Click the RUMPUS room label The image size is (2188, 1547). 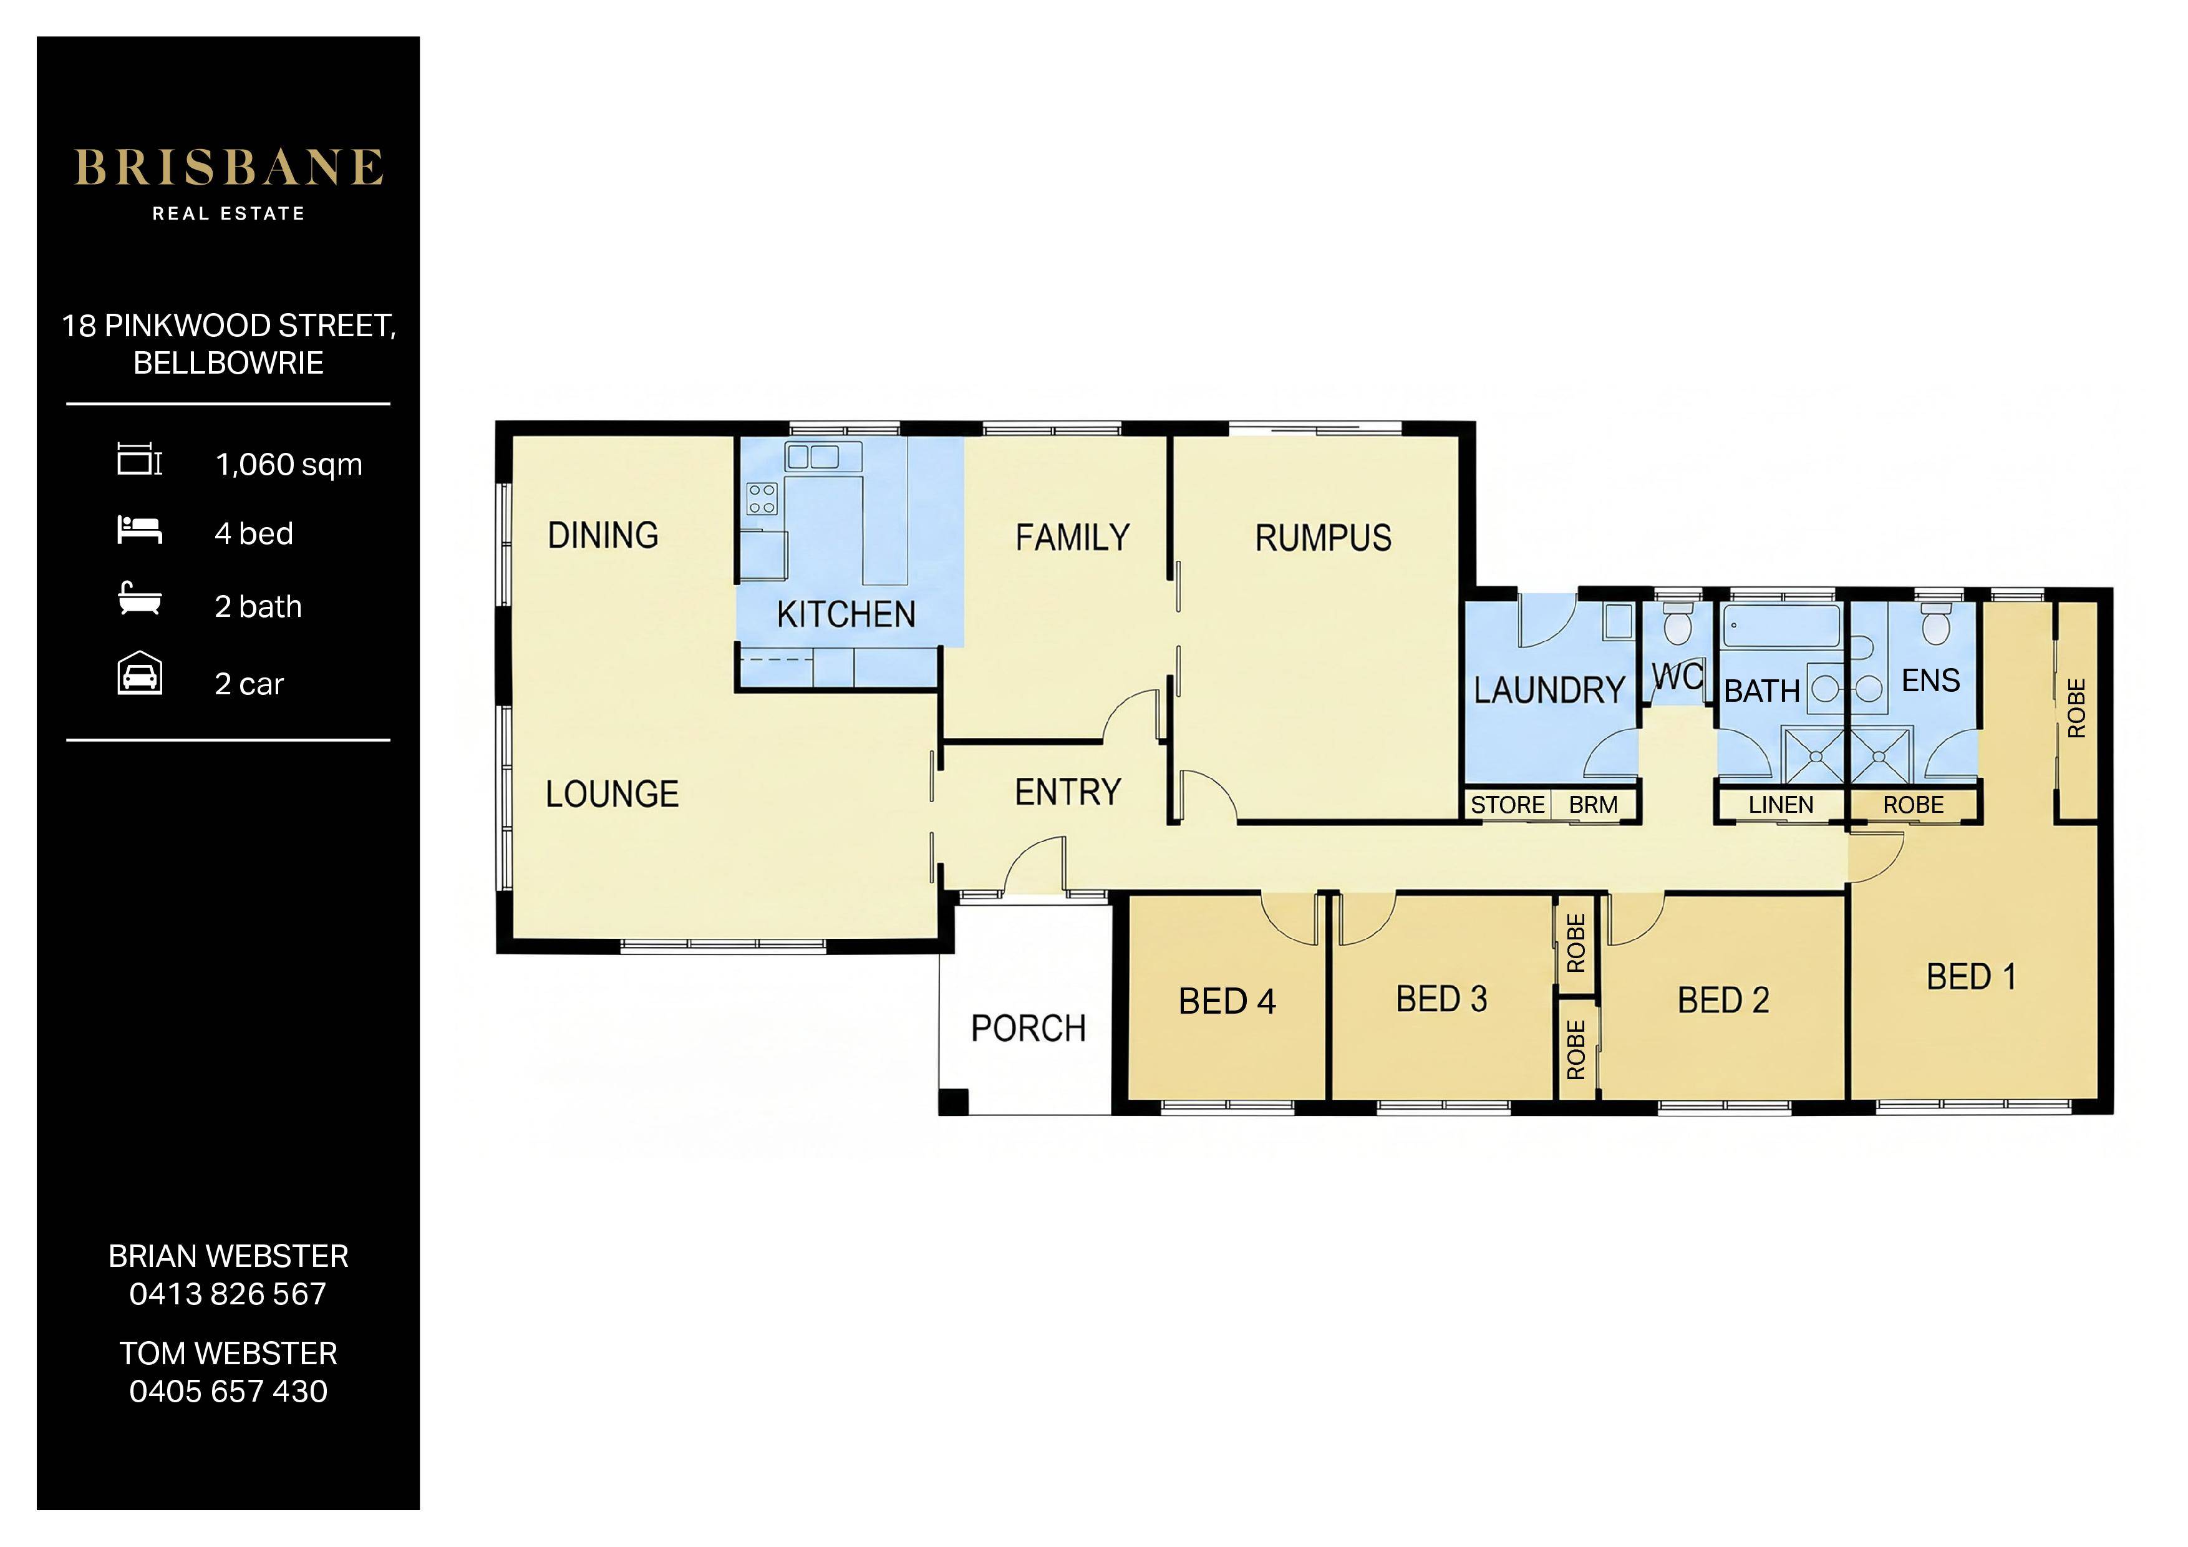tap(1323, 538)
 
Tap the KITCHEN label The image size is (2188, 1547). tap(846, 615)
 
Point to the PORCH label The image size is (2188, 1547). tap(1029, 1029)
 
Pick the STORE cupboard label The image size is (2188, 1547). tap(1508, 805)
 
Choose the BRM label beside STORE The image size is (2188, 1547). tap(1594, 805)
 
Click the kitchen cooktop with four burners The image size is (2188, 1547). tap(762, 498)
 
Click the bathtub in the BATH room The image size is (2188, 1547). tap(1781, 628)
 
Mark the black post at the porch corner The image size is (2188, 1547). tap(954, 1102)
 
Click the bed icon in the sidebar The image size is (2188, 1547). tap(139, 530)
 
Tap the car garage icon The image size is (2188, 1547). tap(139, 675)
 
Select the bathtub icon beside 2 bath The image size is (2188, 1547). tap(139, 599)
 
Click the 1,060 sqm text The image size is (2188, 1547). tap(289, 465)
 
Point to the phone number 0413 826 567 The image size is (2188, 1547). tap(228, 1294)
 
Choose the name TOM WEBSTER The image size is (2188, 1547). tap(228, 1354)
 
